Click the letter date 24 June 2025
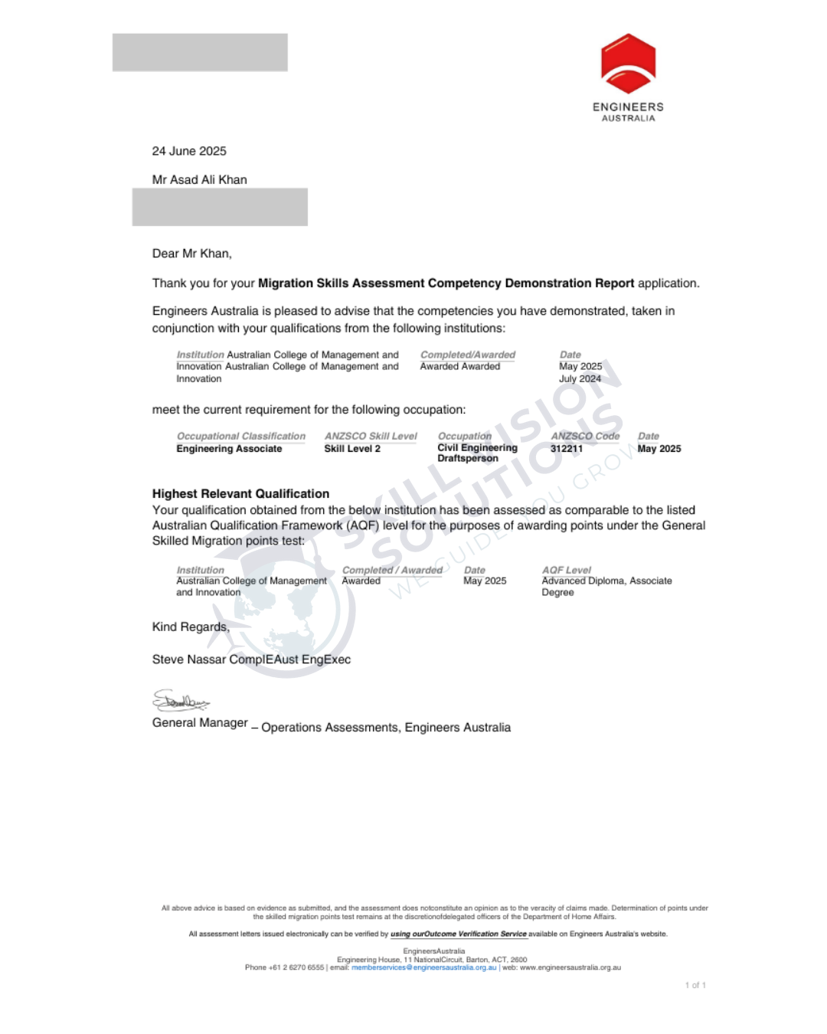point(189,151)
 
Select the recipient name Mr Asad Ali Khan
point(199,180)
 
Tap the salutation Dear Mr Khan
point(191,254)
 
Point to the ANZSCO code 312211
point(567,449)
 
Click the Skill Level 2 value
point(352,449)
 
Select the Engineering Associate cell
point(229,449)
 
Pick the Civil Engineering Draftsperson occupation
point(477,453)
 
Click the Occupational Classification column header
point(241,437)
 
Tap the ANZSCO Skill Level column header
point(371,437)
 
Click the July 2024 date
point(580,379)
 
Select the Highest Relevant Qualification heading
point(240,494)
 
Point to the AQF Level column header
point(567,571)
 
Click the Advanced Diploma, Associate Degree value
point(606,587)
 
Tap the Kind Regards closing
point(191,627)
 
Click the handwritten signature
point(181,701)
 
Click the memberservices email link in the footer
point(423,967)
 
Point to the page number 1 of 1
point(695,986)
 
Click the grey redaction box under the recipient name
point(220,207)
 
